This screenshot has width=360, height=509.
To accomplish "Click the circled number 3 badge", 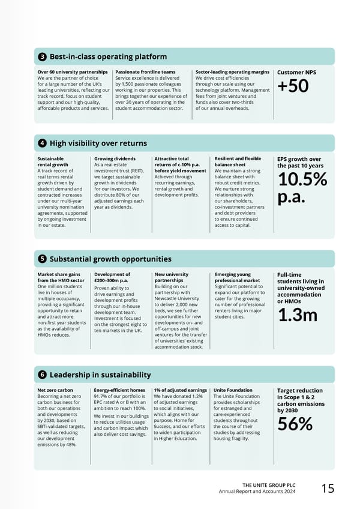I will (43, 57).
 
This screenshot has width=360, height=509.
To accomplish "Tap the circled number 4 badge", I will (43, 143).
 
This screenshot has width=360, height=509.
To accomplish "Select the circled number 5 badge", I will (43, 259).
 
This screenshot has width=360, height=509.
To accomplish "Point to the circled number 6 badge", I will (43, 375).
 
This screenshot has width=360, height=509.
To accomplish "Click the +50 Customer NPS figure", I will (293, 86).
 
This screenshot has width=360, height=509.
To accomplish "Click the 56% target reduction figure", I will (295, 423).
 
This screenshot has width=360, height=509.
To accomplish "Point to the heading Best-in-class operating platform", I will (108, 57).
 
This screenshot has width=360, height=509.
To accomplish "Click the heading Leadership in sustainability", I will (100, 375).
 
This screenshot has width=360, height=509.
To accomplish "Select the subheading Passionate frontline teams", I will (145, 72).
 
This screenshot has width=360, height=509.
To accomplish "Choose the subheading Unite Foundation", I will (233, 390).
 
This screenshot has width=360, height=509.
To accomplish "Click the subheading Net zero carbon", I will (55, 390).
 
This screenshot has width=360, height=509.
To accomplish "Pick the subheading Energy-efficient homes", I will (119, 390).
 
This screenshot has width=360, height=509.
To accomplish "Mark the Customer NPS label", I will (296, 73).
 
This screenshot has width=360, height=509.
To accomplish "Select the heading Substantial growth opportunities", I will (110, 259).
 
